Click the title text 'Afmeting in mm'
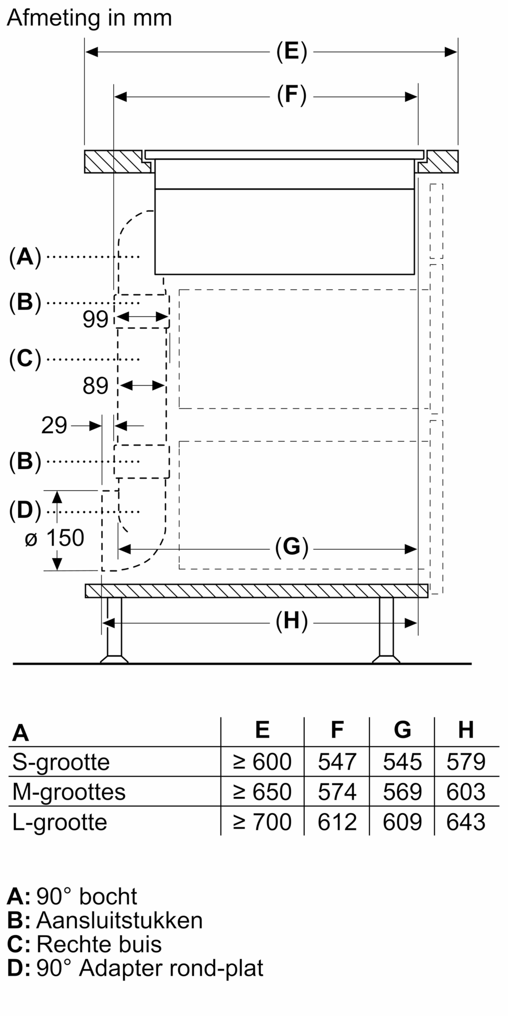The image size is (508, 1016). [89, 18]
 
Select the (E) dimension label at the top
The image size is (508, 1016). [292, 52]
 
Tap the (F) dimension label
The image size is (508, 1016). [292, 96]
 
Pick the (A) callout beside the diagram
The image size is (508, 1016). [25, 257]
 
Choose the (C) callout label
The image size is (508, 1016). [25, 359]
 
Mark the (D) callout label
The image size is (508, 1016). [25, 511]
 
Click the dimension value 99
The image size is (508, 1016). [96, 320]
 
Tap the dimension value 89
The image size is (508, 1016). [96, 386]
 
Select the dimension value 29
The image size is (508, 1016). [54, 426]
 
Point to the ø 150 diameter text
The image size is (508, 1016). [54, 538]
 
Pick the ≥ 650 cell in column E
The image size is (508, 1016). [262, 792]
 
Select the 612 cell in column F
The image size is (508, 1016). [337, 822]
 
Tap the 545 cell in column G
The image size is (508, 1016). [402, 762]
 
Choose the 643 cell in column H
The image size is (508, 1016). [466, 822]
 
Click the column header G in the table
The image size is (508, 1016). [402, 730]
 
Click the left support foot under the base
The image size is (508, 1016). [114, 632]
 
